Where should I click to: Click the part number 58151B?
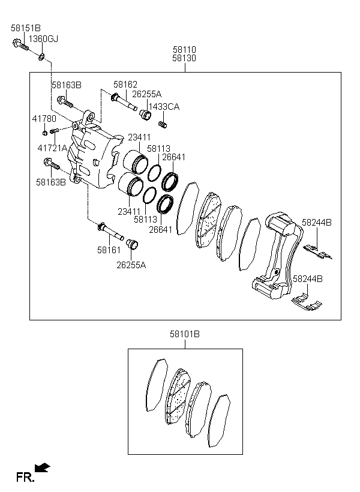point(26,28)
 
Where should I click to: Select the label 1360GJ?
point(44,39)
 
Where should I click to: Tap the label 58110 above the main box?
point(184,49)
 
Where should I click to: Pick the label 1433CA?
point(164,106)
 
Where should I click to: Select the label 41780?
point(44,119)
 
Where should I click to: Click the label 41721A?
point(52,148)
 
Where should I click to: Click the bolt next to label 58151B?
point(19,44)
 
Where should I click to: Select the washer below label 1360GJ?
point(41,57)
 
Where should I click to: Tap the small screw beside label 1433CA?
point(161,124)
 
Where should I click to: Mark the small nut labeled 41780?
point(45,131)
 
